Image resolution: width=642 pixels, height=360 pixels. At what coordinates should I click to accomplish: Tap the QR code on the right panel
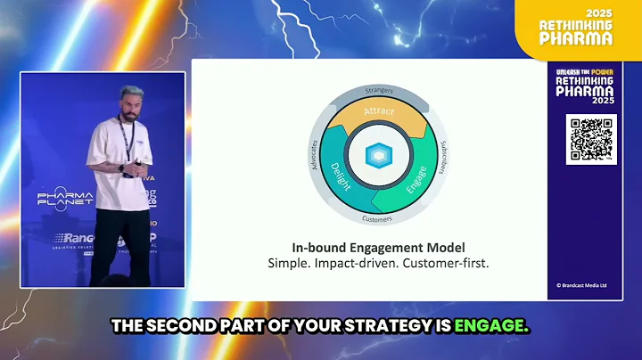click(590, 139)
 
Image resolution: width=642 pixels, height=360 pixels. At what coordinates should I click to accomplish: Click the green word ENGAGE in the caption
click(491, 327)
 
